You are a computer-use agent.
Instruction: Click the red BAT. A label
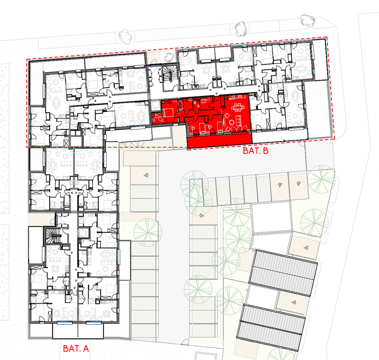coord(76,348)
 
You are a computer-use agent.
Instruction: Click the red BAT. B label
coord(255,151)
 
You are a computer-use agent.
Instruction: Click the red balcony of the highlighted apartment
coord(219,140)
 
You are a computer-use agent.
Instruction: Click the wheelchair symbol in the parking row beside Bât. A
coord(146,175)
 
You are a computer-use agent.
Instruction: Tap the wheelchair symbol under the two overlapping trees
coord(201,215)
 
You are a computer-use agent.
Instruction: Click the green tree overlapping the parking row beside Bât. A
coord(148,232)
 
